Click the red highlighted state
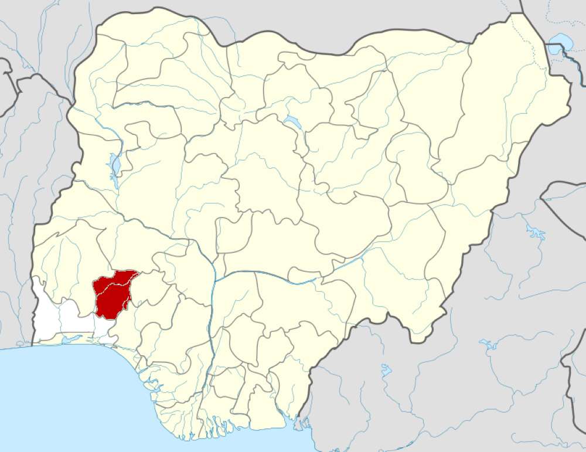tap(113, 294)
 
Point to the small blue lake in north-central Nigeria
tap(292, 123)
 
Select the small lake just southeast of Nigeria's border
tap(385, 371)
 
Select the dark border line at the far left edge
tap(8, 88)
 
